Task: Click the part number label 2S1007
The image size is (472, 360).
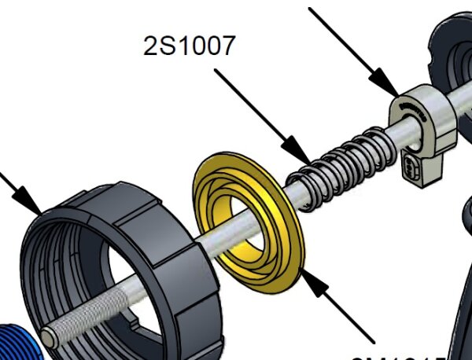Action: pos(189,46)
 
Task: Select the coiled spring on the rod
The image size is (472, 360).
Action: pos(346,160)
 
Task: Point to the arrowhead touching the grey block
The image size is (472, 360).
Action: pos(385,85)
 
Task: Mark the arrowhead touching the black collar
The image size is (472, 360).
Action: pos(32,203)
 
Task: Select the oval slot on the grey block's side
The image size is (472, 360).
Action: pos(412,167)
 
